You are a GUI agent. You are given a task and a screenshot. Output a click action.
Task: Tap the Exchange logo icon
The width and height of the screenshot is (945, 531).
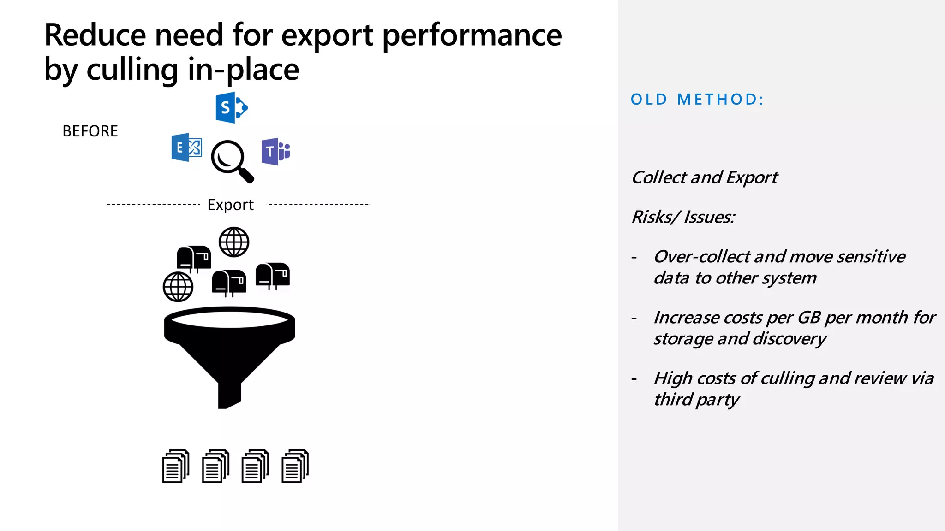(186, 147)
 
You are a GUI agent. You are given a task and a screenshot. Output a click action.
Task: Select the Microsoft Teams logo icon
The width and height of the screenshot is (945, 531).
(275, 151)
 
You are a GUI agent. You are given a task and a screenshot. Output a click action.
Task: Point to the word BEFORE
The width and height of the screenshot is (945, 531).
(90, 131)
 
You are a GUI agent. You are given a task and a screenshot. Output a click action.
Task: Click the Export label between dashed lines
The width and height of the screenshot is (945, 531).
(230, 205)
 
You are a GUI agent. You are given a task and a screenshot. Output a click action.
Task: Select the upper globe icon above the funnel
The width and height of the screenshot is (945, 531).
(234, 242)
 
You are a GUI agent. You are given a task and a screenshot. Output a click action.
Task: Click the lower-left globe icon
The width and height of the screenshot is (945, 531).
(178, 287)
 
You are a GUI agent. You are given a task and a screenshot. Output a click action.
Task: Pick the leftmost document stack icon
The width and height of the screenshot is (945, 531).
(176, 466)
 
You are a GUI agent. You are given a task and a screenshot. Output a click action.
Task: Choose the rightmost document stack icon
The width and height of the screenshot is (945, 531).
(295, 466)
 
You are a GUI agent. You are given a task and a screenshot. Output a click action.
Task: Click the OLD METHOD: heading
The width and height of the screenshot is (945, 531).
(697, 100)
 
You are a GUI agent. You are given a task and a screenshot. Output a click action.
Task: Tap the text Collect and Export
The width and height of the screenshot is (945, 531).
(704, 177)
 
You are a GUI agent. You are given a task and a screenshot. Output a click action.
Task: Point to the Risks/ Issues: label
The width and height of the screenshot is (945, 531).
(683, 217)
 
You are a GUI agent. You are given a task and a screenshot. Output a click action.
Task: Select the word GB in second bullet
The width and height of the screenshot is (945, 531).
(809, 317)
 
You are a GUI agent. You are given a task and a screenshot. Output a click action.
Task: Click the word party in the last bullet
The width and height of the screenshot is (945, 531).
(717, 400)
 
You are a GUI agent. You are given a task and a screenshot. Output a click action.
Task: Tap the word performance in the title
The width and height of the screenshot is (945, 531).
(472, 35)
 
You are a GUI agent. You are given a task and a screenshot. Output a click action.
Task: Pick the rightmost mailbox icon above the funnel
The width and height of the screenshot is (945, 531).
(273, 276)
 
